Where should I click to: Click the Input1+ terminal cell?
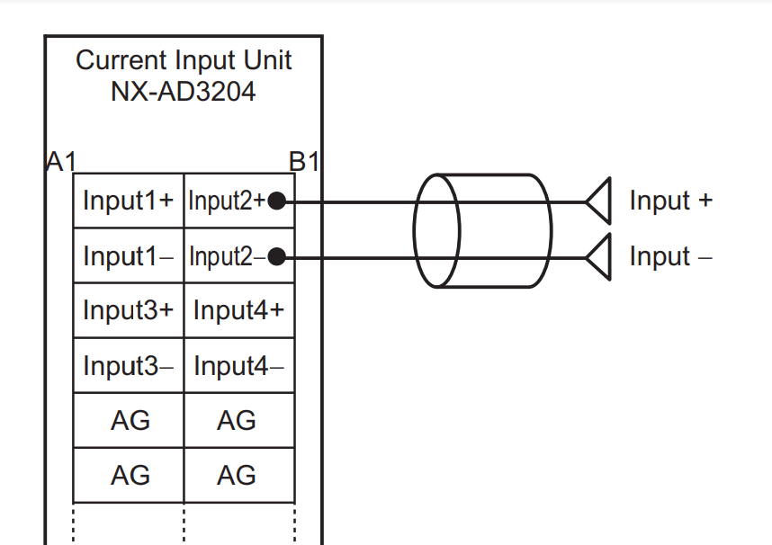click(x=128, y=201)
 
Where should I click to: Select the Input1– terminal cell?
click(x=128, y=256)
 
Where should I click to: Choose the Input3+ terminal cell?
click(x=128, y=311)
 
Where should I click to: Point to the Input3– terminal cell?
click(x=128, y=366)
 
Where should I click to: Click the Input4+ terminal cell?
click(x=238, y=311)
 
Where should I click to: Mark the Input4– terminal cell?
click(x=238, y=366)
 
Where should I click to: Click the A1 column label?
click(x=60, y=162)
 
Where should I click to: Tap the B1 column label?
click(x=305, y=162)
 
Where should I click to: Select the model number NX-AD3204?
click(x=184, y=91)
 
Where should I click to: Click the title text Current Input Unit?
click(x=184, y=60)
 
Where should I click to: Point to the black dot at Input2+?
click(x=277, y=201)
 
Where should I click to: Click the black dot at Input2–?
click(x=277, y=257)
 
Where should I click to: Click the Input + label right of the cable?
click(x=670, y=201)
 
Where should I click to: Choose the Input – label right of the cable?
click(x=670, y=256)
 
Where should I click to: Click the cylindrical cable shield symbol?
click(x=481, y=230)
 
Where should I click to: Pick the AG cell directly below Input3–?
click(x=128, y=420)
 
